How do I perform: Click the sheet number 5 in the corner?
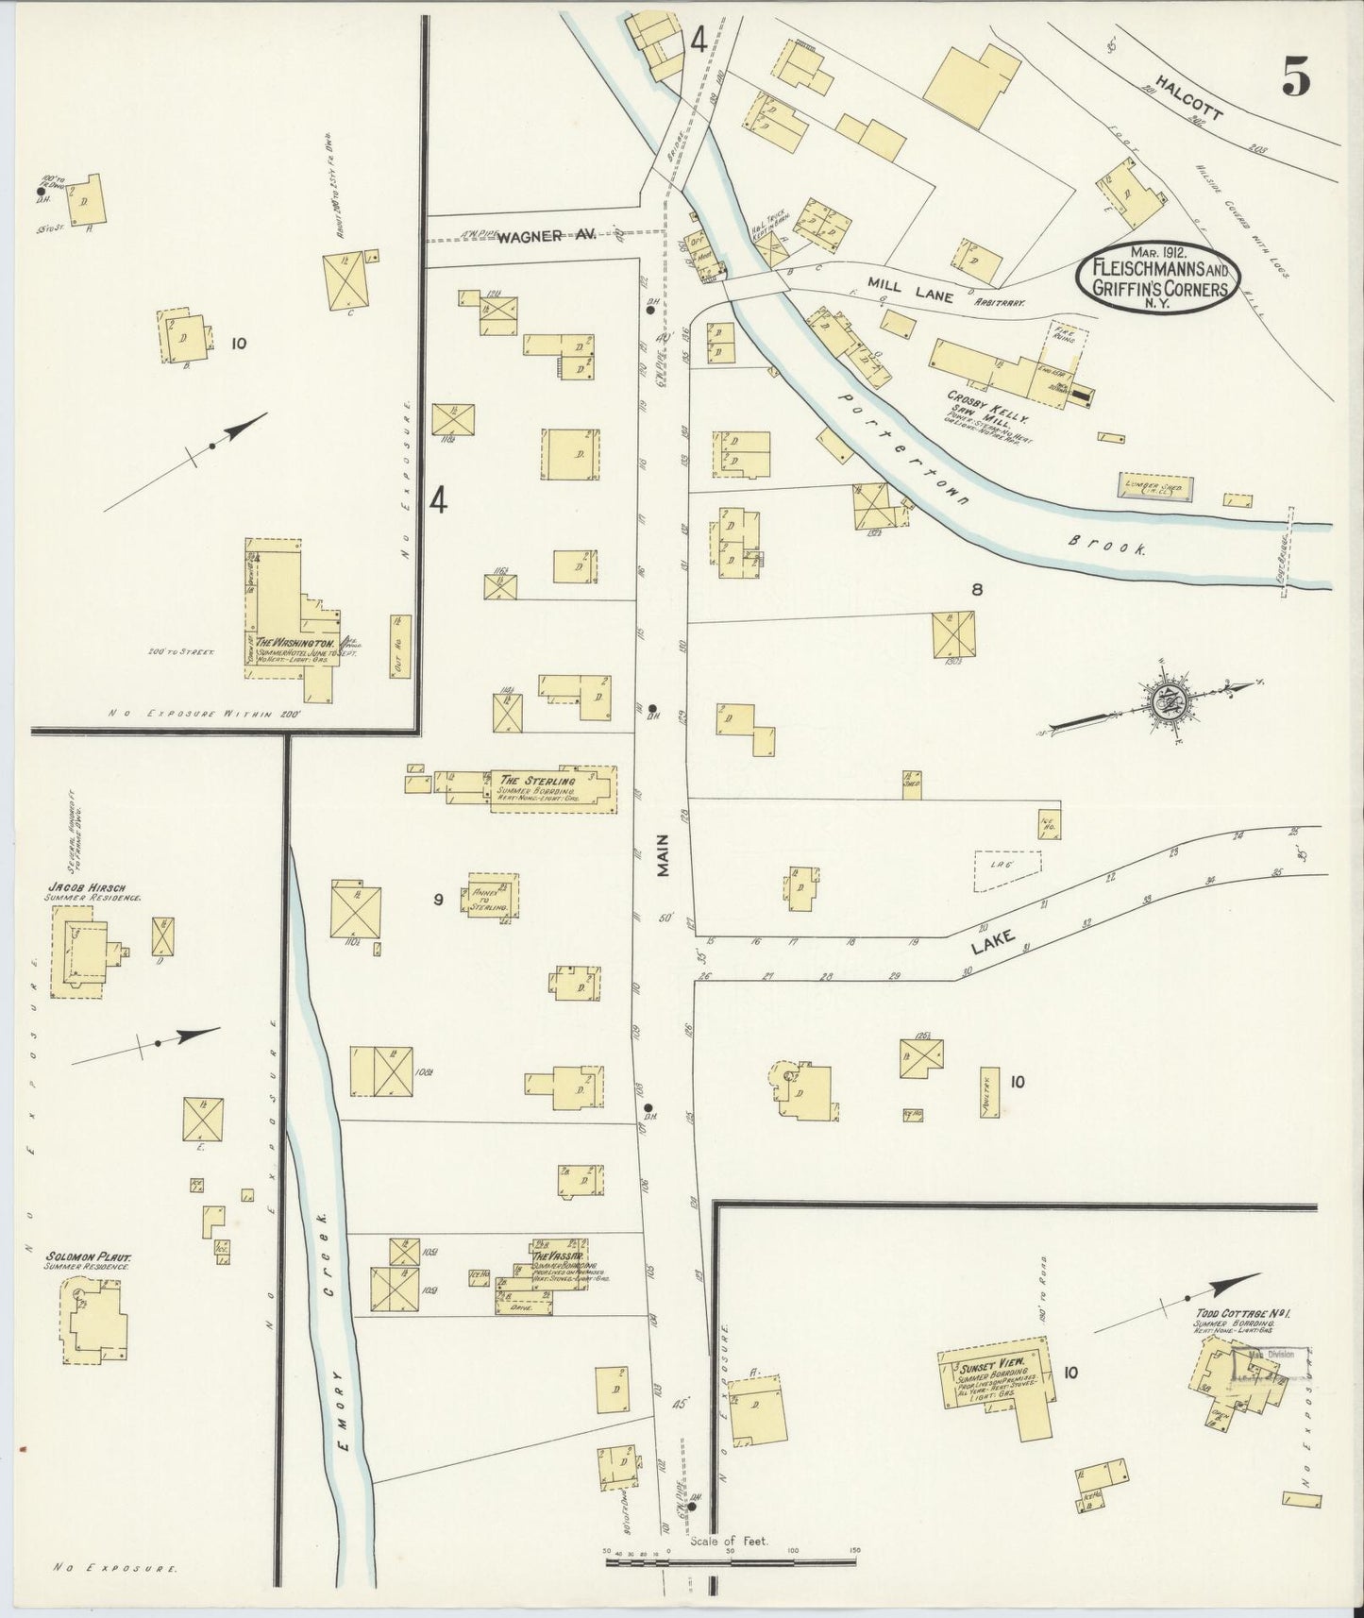point(1295,77)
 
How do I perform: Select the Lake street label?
point(1002,940)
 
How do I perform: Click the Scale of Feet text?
point(729,1541)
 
